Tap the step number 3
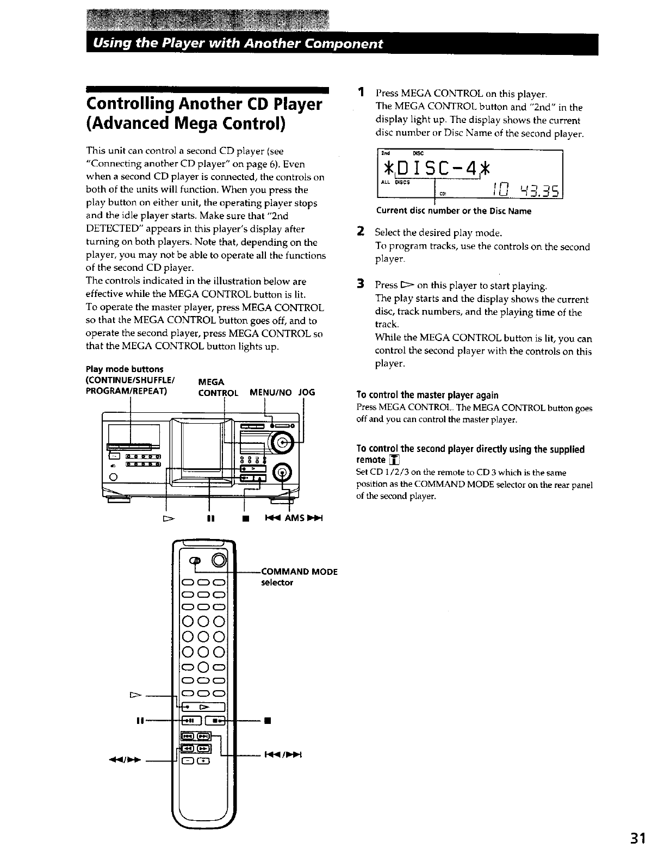pyautogui.click(x=360, y=284)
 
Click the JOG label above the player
pyautogui.click(x=307, y=392)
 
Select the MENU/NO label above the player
pyautogui.click(x=270, y=392)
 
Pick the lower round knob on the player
pyautogui.click(x=282, y=472)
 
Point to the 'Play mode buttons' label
pyautogui.click(x=125, y=370)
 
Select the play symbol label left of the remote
pyautogui.click(x=135, y=695)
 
